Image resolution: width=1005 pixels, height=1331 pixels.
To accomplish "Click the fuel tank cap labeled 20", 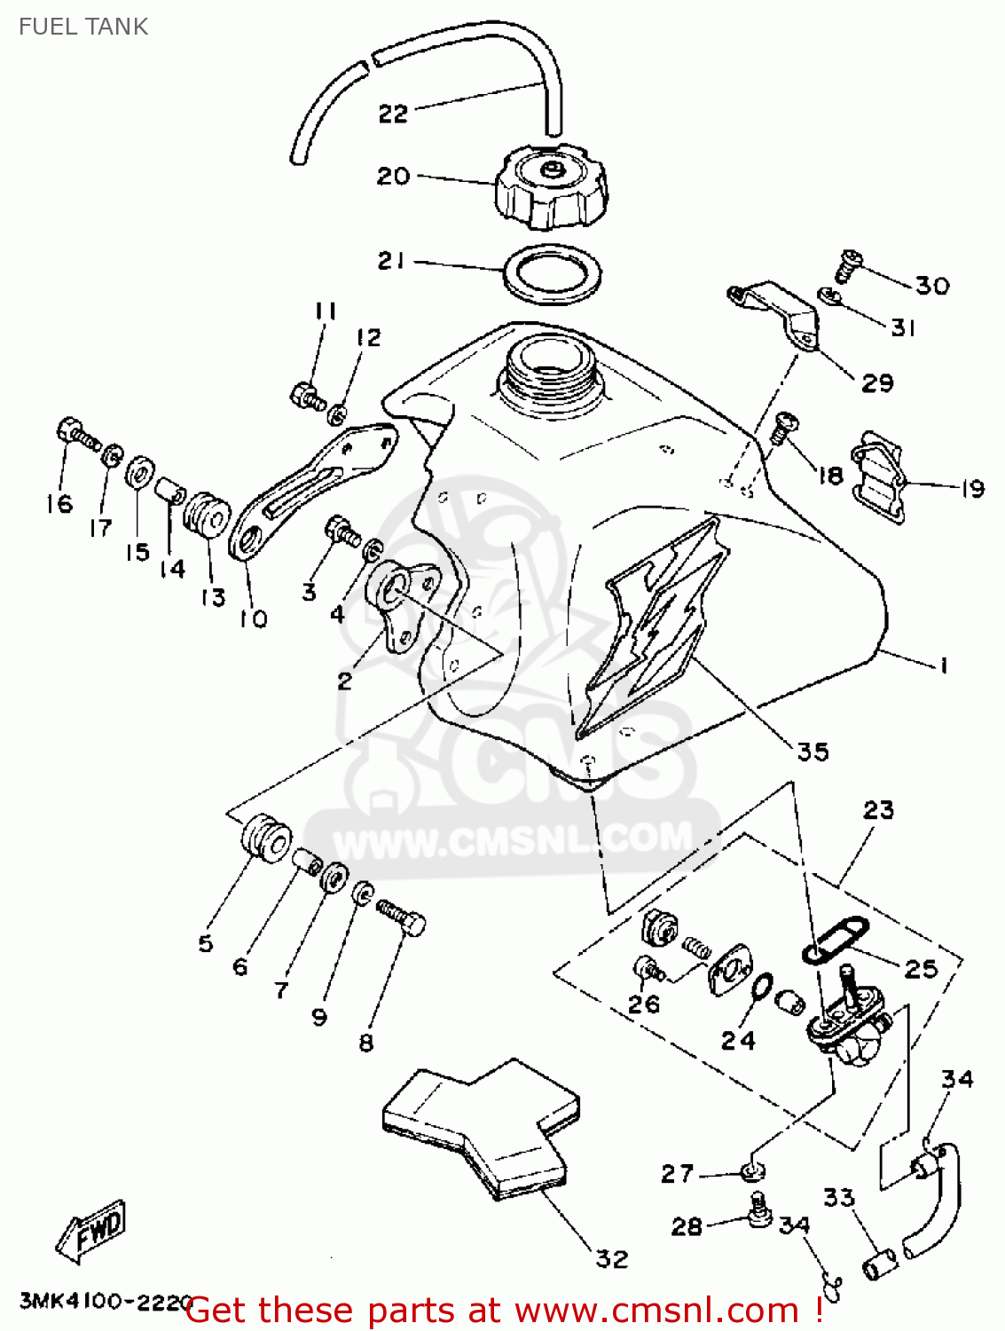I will tap(552, 187).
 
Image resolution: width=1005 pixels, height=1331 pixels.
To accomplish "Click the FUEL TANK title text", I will tap(83, 27).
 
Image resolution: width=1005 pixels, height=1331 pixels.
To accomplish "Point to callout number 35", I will tap(813, 752).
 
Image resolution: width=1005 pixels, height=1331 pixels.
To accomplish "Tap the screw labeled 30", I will tap(849, 264).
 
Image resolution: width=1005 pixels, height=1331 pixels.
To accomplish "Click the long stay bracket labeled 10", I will tap(310, 492).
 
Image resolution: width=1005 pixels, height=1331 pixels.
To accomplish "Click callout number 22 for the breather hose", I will tap(393, 114).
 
